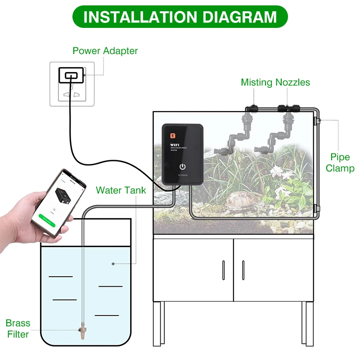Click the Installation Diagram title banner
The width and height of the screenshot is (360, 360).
(x=180, y=17)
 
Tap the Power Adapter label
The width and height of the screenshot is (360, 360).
(x=105, y=50)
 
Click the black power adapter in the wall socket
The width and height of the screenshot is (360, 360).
(x=71, y=75)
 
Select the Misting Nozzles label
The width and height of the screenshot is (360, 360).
(x=275, y=82)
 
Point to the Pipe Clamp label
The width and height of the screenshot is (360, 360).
(x=340, y=162)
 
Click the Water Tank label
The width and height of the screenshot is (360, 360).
(x=121, y=190)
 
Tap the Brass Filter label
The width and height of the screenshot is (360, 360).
(x=18, y=328)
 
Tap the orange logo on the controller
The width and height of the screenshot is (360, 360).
(x=171, y=134)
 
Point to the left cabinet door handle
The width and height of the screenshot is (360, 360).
(x=223, y=270)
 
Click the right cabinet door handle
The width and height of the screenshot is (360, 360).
(x=243, y=270)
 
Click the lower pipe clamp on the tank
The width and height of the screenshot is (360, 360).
(x=318, y=208)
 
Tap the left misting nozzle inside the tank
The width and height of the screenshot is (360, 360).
(x=245, y=121)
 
